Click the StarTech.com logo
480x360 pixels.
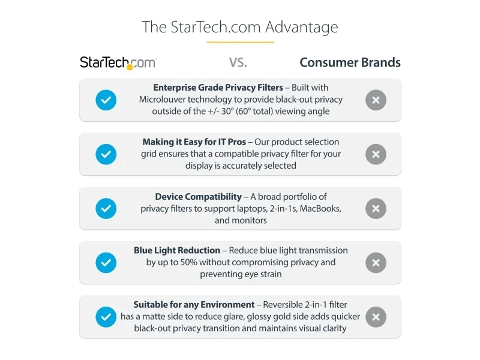[x=118, y=63]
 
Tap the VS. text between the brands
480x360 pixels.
[x=238, y=63]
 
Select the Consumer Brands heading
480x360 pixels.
[x=350, y=62]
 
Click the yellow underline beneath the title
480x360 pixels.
[x=240, y=42]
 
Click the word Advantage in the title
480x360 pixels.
[x=302, y=28]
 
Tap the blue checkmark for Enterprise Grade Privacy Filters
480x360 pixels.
[x=106, y=100]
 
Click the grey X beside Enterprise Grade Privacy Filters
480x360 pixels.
[x=376, y=100]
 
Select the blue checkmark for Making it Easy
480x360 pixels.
[x=106, y=154]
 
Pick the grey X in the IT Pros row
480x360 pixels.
[x=376, y=154]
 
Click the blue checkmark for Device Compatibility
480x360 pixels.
[x=106, y=208]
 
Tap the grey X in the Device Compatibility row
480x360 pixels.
[x=376, y=208]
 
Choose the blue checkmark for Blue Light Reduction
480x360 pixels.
[x=106, y=263]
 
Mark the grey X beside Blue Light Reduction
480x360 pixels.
[x=376, y=263]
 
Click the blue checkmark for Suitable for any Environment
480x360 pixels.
[x=106, y=317]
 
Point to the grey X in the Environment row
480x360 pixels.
[x=376, y=317]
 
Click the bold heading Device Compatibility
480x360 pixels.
[x=199, y=197]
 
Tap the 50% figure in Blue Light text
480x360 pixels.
[x=188, y=262]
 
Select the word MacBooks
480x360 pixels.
[x=320, y=208]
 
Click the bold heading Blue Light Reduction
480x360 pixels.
[x=177, y=250]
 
